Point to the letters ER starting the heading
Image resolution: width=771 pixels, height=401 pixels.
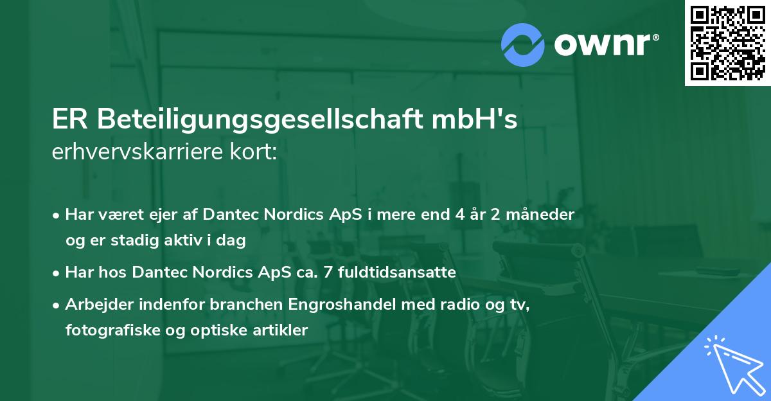pos(68,120)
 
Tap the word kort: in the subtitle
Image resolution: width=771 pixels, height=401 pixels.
pos(256,153)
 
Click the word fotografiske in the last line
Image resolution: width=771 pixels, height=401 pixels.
pos(105,330)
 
